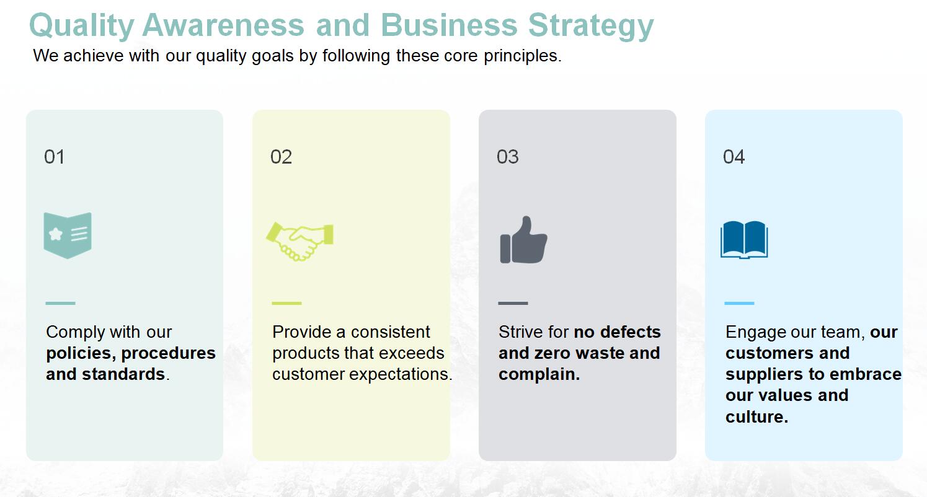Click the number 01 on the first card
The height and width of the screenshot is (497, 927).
54,157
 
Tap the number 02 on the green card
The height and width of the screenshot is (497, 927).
281,157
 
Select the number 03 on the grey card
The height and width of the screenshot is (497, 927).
507,157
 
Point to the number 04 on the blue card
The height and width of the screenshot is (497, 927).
734,157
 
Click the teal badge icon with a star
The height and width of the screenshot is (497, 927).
68,235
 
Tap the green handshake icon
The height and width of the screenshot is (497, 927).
299,242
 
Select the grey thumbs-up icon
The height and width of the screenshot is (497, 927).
523,240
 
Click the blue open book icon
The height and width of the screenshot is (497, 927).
744,240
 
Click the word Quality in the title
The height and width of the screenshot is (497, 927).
81,26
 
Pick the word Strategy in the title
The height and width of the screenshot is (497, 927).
591,26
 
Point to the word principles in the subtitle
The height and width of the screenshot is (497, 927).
522,56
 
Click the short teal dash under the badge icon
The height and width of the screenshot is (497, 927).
60,303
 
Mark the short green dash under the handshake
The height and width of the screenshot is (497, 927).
287,303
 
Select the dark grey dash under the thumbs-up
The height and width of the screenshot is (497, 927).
513,303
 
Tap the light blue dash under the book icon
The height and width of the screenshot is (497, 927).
740,303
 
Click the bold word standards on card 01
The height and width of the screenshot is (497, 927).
123,374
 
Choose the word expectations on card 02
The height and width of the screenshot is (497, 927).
399,375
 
